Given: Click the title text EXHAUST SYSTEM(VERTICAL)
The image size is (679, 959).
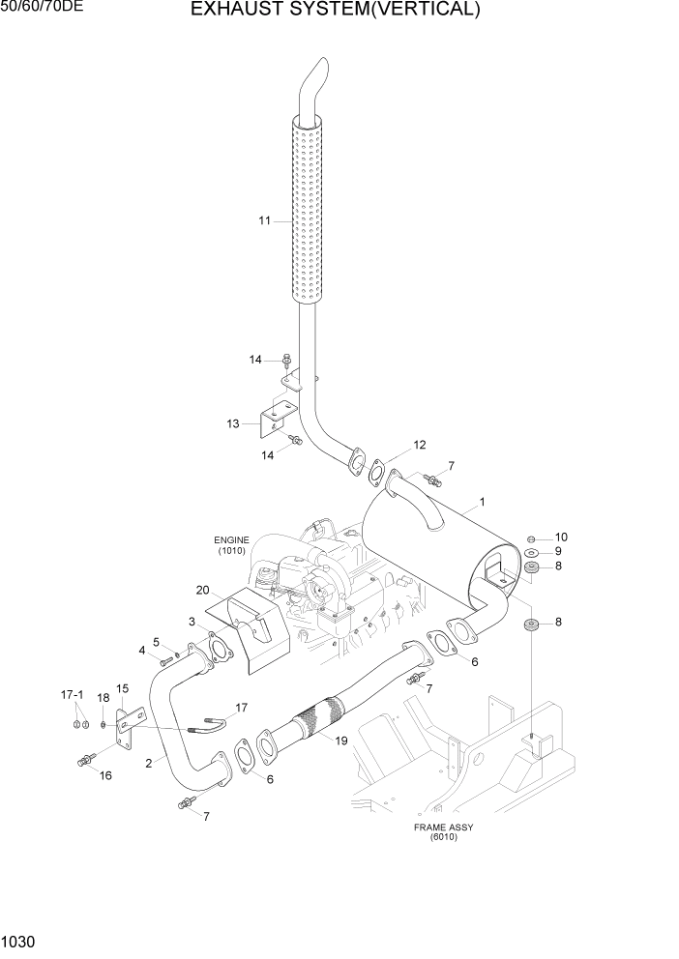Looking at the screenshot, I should pyautogui.click(x=335, y=11).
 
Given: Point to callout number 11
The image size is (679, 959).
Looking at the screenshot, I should pyautogui.click(x=265, y=220).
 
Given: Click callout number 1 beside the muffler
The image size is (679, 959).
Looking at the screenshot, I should pyautogui.click(x=482, y=503).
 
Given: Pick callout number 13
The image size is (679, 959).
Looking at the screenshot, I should pyautogui.click(x=233, y=423).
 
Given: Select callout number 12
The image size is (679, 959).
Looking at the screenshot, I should pyautogui.click(x=419, y=445).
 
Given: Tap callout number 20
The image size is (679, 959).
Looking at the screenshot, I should pyautogui.click(x=202, y=590).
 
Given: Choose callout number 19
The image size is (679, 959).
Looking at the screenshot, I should pyautogui.click(x=340, y=741).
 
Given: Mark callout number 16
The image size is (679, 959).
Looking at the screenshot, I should pyautogui.click(x=106, y=775).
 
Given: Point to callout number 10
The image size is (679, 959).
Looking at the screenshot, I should pyautogui.click(x=561, y=537).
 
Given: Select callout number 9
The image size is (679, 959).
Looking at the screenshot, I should pyautogui.click(x=558, y=551).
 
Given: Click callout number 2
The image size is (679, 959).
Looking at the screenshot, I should pyautogui.click(x=148, y=764).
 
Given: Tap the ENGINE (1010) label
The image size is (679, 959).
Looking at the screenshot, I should pyautogui.click(x=232, y=545).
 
